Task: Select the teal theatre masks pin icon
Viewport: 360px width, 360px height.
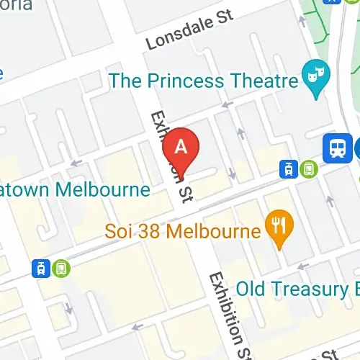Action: click(x=313, y=73)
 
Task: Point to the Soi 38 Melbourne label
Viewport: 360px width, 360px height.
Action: click(x=181, y=232)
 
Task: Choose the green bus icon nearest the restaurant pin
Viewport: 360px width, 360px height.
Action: click(x=308, y=169)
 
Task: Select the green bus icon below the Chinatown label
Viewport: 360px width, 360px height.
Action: click(x=61, y=269)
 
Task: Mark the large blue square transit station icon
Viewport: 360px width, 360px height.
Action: click(x=336, y=148)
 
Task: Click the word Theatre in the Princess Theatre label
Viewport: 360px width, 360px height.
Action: click(x=256, y=79)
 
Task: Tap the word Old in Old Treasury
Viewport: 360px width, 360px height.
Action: click(x=252, y=289)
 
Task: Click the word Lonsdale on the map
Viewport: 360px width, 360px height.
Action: click(x=174, y=35)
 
